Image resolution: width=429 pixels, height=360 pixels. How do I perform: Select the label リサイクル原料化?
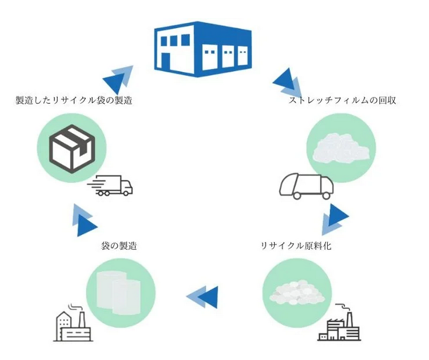coord(296,246)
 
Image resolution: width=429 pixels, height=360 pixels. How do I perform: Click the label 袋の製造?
coord(119,246)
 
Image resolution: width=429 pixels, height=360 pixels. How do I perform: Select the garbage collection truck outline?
coord(306,186)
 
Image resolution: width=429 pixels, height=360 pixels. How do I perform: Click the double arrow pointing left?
coord(202,295)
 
